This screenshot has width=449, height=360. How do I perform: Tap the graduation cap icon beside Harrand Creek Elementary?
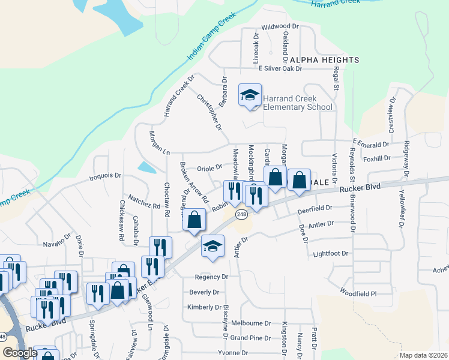tap(250, 95)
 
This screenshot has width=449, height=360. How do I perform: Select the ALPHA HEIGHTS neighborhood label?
tap(324, 60)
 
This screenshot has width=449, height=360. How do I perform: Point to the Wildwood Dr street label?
tap(280, 26)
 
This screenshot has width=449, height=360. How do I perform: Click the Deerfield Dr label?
tap(315, 208)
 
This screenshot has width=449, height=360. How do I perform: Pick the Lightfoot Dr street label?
tap(331, 254)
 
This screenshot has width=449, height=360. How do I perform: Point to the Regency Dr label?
tap(211, 277)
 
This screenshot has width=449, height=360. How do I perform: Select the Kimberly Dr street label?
tap(204, 307)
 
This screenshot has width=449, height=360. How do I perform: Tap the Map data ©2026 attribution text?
tap(423, 355)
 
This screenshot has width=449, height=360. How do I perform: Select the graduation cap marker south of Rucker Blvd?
tap(212, 246)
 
